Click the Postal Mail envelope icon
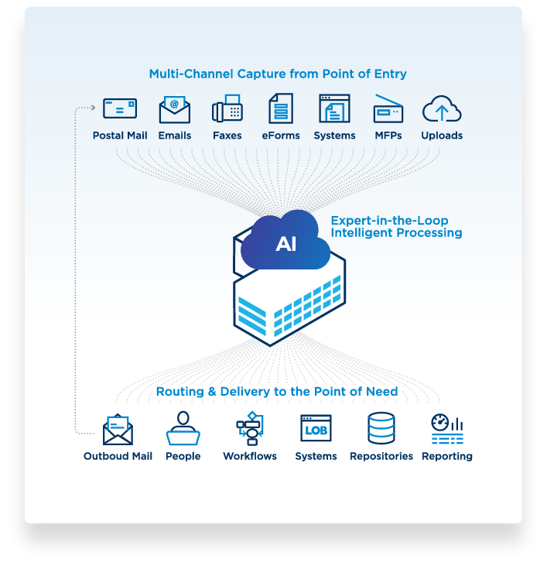click(x=120, y=108)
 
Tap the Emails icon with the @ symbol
click(x=175, y=109)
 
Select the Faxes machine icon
click(x=227, y=108)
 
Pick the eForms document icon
click(x=281, y=108)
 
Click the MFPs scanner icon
click(x=388, y=109)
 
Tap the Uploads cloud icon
click(x=442, y=108)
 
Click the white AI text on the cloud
click(x=286, y=244)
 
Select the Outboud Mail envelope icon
click(x=118, y=430)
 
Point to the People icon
click(x=183, y=428)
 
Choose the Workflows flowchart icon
click(x=250, y=428)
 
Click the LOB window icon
click(x=316, y=428)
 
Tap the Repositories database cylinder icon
click(x=381, y=428)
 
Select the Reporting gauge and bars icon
click(x=447, y=429)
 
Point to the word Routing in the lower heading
click(x=180, y=391)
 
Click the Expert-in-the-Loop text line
click(x=389, y=220)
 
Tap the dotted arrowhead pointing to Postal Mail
click(x=93, y=108)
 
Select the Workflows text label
click(x=250, y=456)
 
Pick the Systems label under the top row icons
click(x=334, y=135)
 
